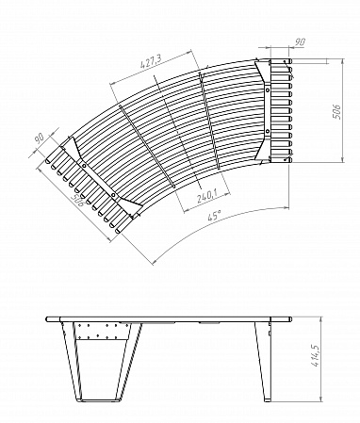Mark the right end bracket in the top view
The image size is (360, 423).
(278, 110)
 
